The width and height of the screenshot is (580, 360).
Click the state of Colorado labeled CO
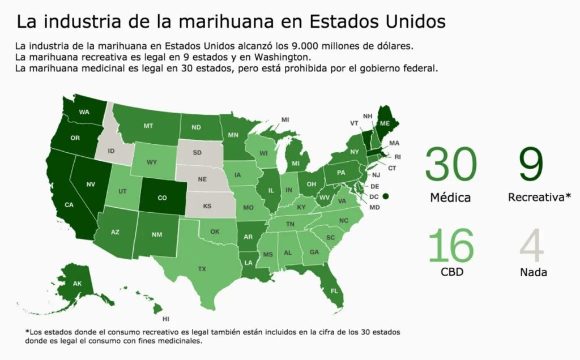coord(163,196)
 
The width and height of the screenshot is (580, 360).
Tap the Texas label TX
coord(202,269)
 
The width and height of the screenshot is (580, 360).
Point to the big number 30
coord(451,164)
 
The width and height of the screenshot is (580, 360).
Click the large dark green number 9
coord(531,164)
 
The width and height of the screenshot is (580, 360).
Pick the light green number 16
coord(451,245)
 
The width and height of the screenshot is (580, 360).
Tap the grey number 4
coord(532,245)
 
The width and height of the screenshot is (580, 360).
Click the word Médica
coord(450,198)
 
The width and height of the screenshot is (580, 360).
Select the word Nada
coord(533,272)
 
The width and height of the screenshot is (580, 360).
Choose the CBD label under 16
coord(451,272)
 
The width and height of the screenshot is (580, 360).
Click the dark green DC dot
coord(386,196)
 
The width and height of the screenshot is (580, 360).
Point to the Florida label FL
coord(334,291)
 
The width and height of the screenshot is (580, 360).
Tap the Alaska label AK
coord(77,284)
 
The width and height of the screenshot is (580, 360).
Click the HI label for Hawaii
coord(166,319)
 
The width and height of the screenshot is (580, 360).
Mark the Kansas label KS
coord(207,206)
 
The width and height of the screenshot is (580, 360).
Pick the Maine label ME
coord(385,123)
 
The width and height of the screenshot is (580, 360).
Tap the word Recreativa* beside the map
coord(539,197)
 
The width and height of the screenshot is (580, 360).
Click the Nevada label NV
coord(91,184)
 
